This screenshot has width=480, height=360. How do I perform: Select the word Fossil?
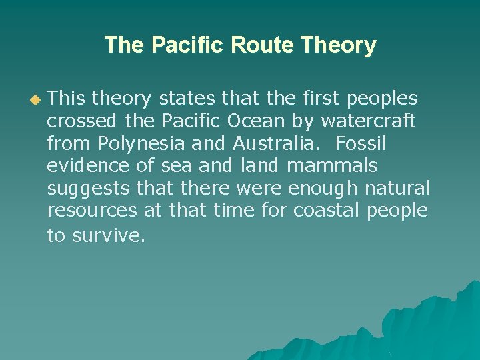coord(361,143)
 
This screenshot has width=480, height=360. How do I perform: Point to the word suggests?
coord(89,188)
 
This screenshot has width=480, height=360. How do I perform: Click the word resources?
coord(93,211)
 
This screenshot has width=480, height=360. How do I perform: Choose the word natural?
coord(398,188)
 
